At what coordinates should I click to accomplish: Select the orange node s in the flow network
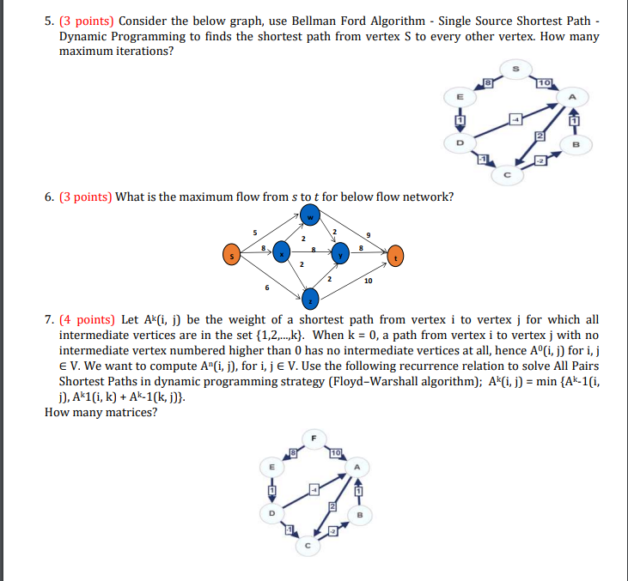click(x=230, y=254)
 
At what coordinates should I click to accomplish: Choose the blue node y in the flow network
click(x=339, y=255)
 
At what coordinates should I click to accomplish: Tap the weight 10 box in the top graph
click(x=543, y=82)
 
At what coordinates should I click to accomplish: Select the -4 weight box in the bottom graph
click(x=314, y=489)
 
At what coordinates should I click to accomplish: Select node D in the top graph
click(x=459, y=142)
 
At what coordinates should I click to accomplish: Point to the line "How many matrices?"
click(x=101, y=412)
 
